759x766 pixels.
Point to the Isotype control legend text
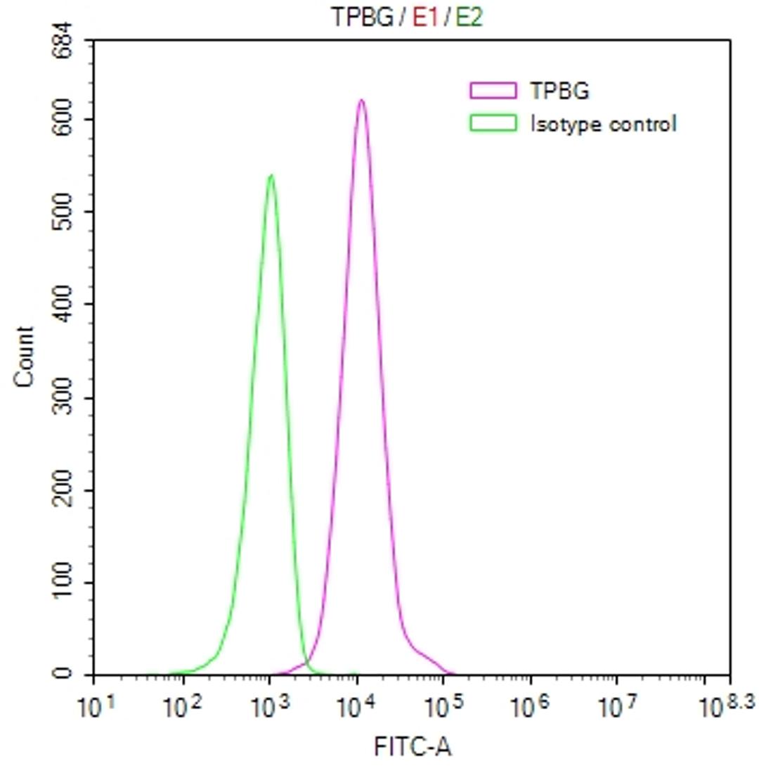[603, 125]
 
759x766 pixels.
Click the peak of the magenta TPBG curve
[361, 100]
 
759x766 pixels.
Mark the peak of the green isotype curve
[271, 175]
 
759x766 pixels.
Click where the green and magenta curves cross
[306, 663]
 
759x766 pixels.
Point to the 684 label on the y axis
[64, 41]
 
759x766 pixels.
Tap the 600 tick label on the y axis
[64, 119]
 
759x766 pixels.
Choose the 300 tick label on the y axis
[64, 397]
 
